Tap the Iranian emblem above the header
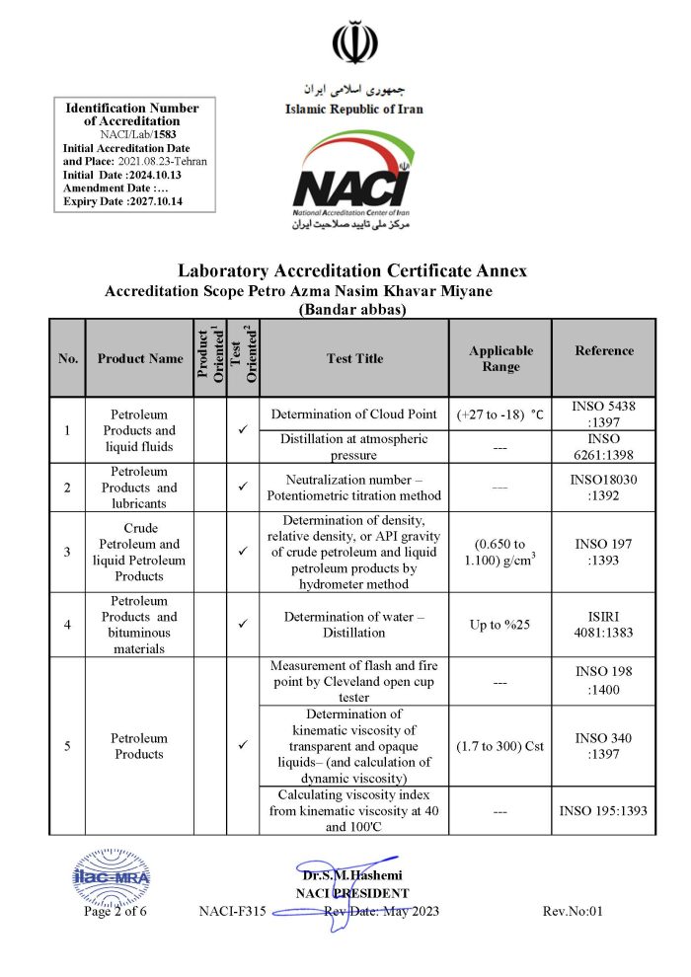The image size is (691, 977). pos(352,42)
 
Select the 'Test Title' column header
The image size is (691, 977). pos(354,358)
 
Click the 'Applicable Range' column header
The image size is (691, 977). pos(500,358)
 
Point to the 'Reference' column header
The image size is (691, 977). pos(604,350)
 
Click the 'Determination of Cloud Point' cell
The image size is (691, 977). pos(354,414)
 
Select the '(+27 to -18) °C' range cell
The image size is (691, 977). pos(500,414)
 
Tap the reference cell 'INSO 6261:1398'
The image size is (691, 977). pos(604,447)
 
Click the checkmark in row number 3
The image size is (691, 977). pos(243,551)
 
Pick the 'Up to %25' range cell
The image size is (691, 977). pos(500,625)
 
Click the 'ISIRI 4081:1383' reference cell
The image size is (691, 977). pos(604,625)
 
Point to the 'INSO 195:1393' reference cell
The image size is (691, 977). pos(604,811)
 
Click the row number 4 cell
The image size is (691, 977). pos(67,625)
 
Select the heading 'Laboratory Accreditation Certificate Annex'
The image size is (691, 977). pos(352,270)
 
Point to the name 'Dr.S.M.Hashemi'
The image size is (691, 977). pos(352,875)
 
